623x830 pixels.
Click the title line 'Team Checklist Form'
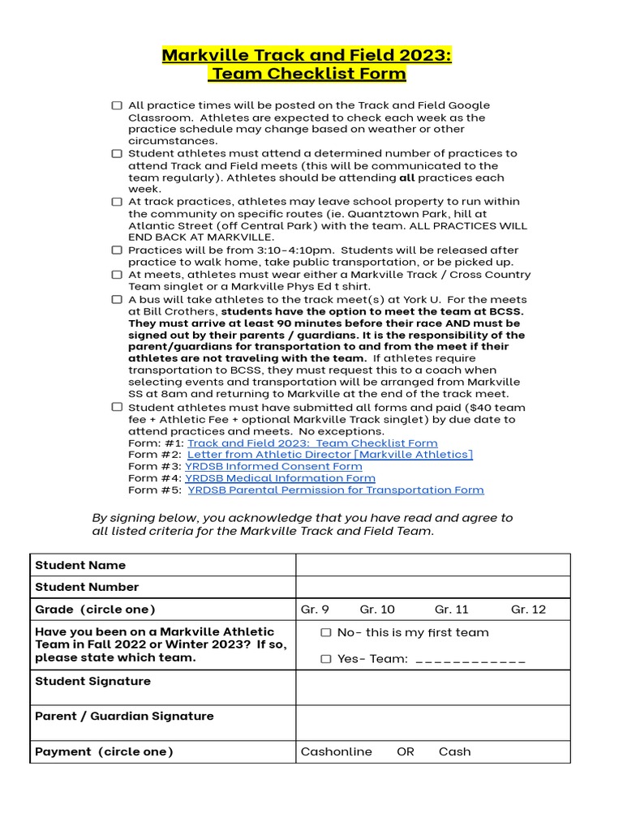[x=307, y=75]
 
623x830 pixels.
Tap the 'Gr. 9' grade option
[x=315, y=610]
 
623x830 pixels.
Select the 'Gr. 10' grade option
[x=377, y=610]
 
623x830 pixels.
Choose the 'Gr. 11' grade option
[x=452, y=610]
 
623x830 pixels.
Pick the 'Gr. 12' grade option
[x=528, y=610]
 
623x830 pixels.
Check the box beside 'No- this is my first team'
[x=326, y=633]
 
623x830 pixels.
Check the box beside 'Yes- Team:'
[x=326, y=659]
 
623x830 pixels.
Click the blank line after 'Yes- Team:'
[x=470, y=660]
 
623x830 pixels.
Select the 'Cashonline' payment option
[x=336, y=752]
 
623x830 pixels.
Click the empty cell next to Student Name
[x=432, y=565]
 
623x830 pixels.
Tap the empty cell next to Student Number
[x=432, y=587]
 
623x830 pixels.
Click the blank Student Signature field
[x=432, y=687]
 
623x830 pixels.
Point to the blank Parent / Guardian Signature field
[x=432, y=722]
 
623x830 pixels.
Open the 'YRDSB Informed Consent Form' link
[x=273, y=467]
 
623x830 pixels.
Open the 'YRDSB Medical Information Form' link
[x=280, y=478]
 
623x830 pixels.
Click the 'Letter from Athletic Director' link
[x=330, y=455]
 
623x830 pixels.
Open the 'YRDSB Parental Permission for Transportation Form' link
[x=335, y=490]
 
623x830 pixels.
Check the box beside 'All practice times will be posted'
[x=118, y=105]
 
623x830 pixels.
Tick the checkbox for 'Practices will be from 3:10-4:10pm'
[x=118, y=250]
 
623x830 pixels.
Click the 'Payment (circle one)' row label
[x=104, y=752]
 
